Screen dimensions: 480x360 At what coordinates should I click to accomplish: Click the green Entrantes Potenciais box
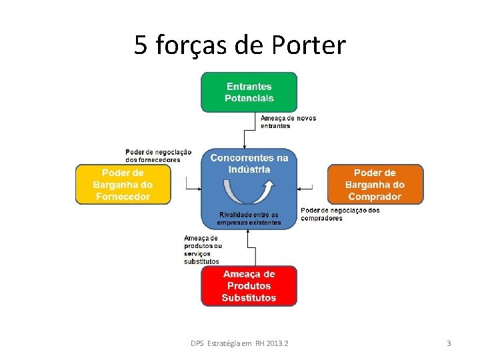pos(249,92)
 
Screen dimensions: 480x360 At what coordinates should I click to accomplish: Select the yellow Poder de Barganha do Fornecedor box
pos(123,185)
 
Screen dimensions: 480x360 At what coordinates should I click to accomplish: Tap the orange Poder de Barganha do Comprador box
pos(375,185)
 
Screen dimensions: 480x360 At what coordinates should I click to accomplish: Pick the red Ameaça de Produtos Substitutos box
pos(249,286)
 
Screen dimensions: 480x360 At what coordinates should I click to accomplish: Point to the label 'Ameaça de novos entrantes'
pos(288,122)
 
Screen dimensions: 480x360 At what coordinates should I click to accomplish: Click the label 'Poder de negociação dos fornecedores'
pos(158,156)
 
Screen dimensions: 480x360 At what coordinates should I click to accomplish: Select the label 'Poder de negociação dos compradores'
pos(340,214)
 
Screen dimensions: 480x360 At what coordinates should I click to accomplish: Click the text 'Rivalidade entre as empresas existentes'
pos(249,219)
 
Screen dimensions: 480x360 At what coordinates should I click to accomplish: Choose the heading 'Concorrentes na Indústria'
pos(249,163)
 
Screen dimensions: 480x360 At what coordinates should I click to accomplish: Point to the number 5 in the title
pos(141,45)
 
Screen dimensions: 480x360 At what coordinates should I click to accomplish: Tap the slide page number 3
pos(449,343)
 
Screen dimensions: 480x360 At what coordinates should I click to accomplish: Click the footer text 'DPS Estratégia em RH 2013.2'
pos(244,343)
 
